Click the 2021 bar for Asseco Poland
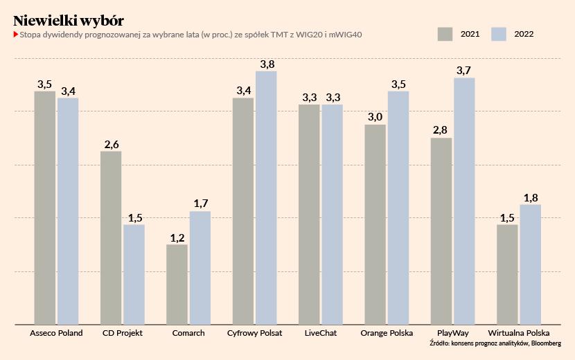(x=45, y=208)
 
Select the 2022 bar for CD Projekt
(x=134, y=274)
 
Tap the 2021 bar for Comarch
(x=177, y=284)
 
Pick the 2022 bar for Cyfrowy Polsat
(x=266, y=197)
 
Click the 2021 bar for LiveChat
(x=309, y=214)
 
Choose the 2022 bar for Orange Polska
(x=398, y=208)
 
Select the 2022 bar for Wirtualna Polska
(x=530, y=264)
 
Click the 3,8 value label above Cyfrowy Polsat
(x=267, y=64)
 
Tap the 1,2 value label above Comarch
(x=177, y=238)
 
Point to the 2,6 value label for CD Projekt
(x=111, y=145)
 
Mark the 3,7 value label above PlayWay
(x=464, y=71)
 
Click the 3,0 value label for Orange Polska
(x=375, y=118)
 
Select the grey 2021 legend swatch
(x=445, y=34)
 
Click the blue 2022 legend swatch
(x=499, y=34)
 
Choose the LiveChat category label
(x=321, y=333)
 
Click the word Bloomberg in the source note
(x=547, y=343)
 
